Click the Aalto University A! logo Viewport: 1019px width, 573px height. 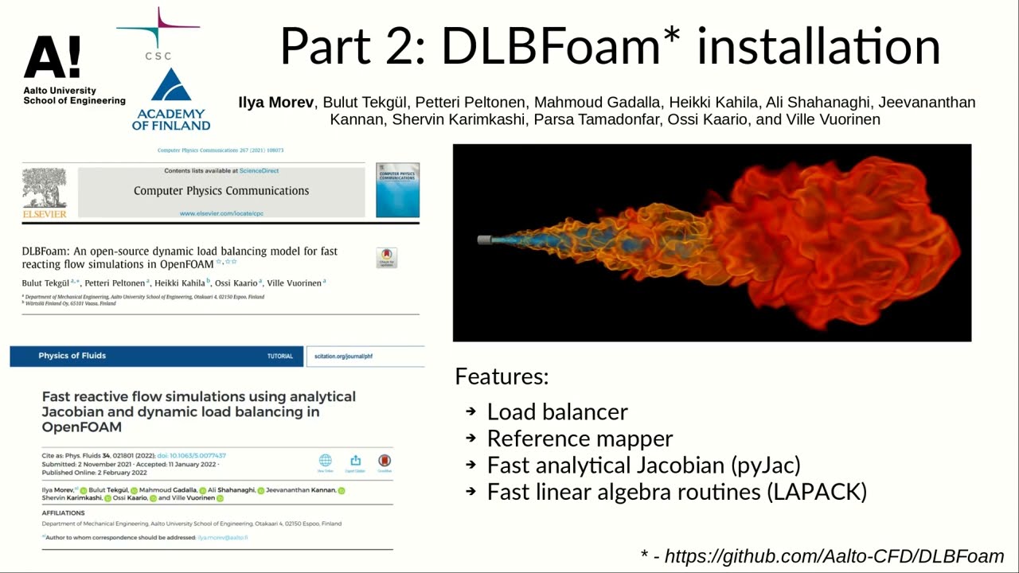click(x=52, y=57)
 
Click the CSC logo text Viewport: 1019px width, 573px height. click(x=158, y=56)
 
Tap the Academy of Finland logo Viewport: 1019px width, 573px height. click(x=171, y=99)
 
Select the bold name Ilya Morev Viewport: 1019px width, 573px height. click(x=275, y=103)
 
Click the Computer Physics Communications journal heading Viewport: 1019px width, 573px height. click(x=221, y=191)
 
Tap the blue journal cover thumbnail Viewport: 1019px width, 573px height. click(x=397, y=191)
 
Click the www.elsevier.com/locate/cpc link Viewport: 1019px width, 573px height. click(x=221, y=213)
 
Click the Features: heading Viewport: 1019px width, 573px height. click(x=502, y=376)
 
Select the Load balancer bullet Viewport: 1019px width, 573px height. click(x=557, y=411)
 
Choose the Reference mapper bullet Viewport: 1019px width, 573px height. click(x=580, y=439)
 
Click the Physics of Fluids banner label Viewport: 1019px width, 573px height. click(x=72, y=356)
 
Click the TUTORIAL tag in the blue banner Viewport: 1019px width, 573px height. click(x=280, y=357)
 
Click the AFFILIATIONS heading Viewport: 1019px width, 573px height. click(x=63, y=513)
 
